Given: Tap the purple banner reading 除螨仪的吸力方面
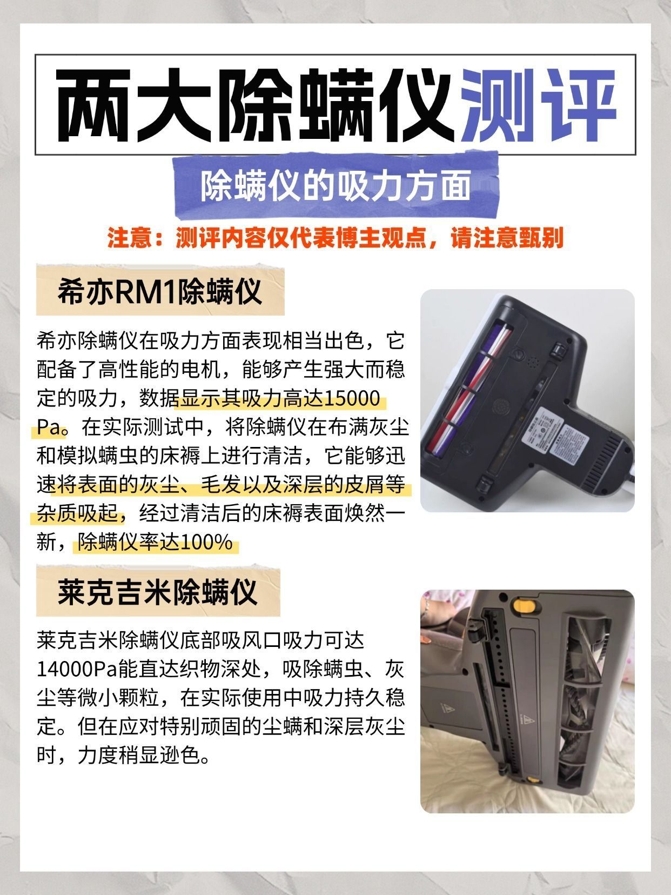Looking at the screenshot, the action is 336,186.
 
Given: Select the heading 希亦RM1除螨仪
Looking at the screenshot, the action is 160,291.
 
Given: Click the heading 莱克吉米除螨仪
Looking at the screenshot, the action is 158,592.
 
